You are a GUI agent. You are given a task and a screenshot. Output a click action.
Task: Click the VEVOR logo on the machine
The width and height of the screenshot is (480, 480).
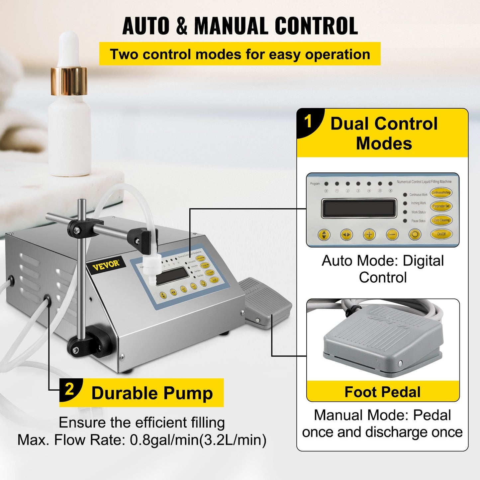click(x=106, y=265)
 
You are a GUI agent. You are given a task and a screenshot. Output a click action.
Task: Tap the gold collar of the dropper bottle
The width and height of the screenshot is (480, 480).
click(x=69, y=81)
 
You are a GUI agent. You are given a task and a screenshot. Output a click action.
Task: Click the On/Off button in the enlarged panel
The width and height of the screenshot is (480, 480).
click(x=441, y=234)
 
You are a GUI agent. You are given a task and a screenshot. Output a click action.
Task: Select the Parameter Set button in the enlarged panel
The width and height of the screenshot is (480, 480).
click(x=441, y=206)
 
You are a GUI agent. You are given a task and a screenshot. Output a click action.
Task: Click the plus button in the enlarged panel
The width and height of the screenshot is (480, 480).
click(x=369, y=235)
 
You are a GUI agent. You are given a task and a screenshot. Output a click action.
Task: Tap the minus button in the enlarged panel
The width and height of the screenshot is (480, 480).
click(x=392, y=235)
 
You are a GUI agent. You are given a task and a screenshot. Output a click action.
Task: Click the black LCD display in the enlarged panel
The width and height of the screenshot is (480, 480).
click(x=359, y=208)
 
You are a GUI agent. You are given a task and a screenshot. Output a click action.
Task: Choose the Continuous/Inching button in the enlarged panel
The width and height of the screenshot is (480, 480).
click(x=441, y=192)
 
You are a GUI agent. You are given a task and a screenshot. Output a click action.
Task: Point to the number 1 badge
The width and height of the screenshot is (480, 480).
click(x=308, y=122)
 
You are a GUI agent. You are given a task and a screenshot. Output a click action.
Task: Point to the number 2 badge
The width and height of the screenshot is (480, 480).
click(x=69, y=389)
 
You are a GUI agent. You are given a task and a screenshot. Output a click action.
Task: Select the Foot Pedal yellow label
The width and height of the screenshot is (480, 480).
click(x=383, y=392)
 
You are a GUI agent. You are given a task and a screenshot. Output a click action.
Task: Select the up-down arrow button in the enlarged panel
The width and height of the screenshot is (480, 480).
click(x=324, y=235)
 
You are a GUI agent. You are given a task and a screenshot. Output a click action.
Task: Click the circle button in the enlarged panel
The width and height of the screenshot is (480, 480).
click(x=415, y=235)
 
